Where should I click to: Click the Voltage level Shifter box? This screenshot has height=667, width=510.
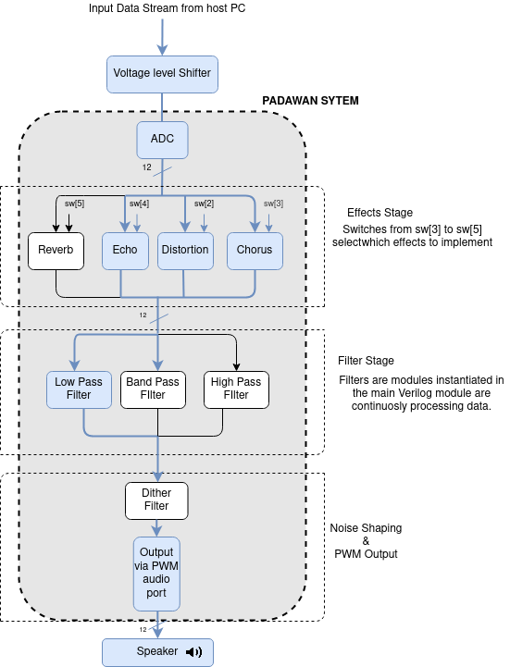[162, 73]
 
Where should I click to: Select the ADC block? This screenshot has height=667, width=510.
[162, 140]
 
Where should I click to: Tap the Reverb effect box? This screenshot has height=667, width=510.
[56, 251]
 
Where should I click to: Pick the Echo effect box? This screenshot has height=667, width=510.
[125, 251]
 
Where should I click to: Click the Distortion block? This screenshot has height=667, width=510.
[184, 251]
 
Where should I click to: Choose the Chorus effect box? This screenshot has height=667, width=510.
[255, 251]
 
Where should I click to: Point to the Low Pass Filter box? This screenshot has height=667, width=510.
[80, 389]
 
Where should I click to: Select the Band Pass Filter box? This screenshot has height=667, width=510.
[153, 389]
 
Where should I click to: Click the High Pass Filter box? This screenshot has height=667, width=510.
[236, 389]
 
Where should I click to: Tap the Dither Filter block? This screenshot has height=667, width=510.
[156, 500]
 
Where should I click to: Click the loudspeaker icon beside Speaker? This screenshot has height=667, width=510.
[193, 651]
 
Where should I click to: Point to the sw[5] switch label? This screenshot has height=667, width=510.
[74, 204]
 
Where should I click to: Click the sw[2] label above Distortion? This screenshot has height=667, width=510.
[204, 204]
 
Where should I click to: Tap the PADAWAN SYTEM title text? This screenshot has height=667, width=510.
[310, 100]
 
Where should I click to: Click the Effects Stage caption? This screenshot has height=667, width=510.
[379, 213]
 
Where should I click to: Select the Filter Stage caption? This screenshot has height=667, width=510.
[366, 361]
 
